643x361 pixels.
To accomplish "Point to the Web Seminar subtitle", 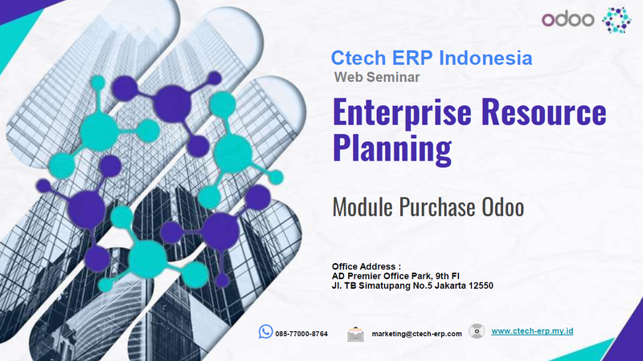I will point(376,77).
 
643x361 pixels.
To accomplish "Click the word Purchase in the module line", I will point(439,207).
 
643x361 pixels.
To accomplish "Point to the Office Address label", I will point(366,266).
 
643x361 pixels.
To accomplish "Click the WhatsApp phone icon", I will point(265,332).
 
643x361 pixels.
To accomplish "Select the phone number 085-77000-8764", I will point(301,333).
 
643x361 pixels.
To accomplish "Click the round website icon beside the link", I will point(477,331).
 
